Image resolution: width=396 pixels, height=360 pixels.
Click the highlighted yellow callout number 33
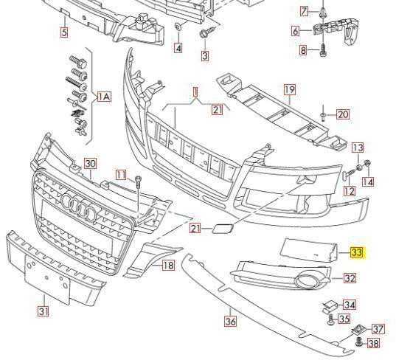click(358, 252)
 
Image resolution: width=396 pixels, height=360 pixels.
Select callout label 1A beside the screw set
click(104, 96)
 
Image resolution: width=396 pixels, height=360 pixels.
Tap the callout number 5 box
click(64, 32)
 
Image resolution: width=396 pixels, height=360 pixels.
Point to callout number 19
click(289, 89)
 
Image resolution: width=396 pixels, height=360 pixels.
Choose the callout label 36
click(230, 322)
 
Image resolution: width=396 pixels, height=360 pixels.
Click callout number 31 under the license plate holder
click(44, 311)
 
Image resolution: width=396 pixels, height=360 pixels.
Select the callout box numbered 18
click(168, 266)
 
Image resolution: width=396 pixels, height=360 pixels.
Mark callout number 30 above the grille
click(90, 164)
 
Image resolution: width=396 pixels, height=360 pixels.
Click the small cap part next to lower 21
click(223, 229)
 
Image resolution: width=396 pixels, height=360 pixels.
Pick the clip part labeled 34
click(329, 306)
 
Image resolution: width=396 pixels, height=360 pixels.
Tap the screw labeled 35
click(331, 319)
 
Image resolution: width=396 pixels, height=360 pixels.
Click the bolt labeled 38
click(358, 342)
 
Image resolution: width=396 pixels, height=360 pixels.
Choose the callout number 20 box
click(343, 114)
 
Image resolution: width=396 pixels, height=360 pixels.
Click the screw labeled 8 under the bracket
click(323, 50)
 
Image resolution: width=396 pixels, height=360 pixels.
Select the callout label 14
click(368, 181)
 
